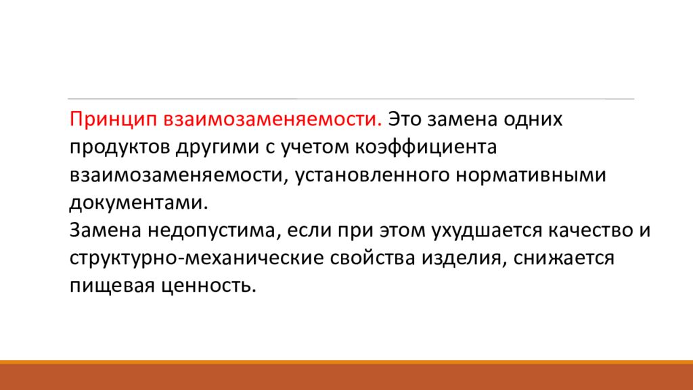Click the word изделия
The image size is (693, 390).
pyautogui.click(x=466, y=258)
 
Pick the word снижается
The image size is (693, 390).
pyautogui.click(x=566, y=258)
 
